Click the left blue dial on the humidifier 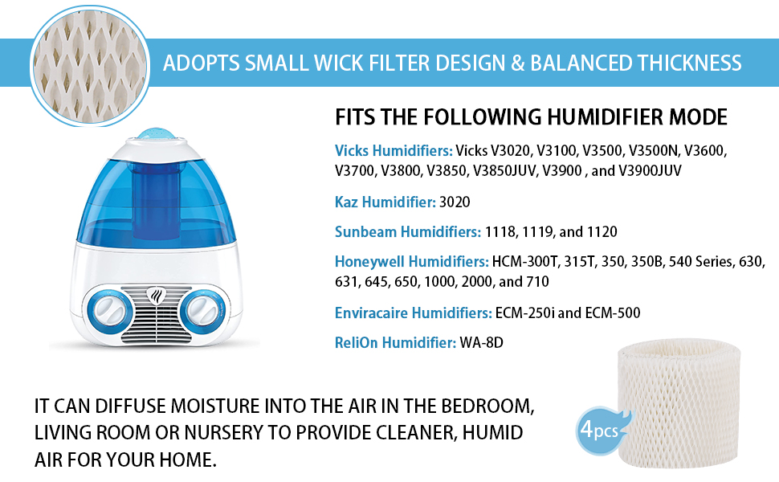pos(104,309)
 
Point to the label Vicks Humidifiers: pos(394,150)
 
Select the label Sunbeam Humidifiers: pos(408,232)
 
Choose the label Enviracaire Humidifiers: pos(413,312)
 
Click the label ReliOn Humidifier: pos(395,343)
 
